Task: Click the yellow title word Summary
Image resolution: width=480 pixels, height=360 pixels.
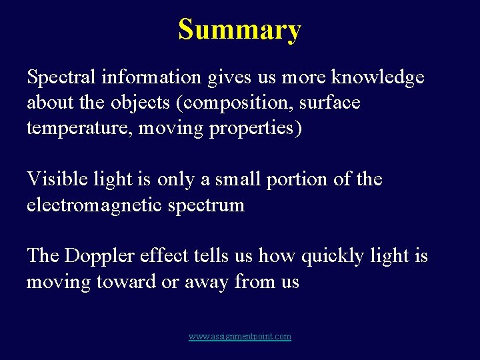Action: tap(239, 30)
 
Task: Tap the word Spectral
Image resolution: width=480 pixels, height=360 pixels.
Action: tap(63, 78)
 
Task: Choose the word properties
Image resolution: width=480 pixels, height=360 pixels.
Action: tap(255, 129)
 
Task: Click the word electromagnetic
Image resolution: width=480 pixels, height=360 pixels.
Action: tap(93, 205)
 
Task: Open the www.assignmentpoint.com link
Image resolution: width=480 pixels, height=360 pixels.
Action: tap(240, 337)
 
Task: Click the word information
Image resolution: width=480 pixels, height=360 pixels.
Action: tap(151, 78)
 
